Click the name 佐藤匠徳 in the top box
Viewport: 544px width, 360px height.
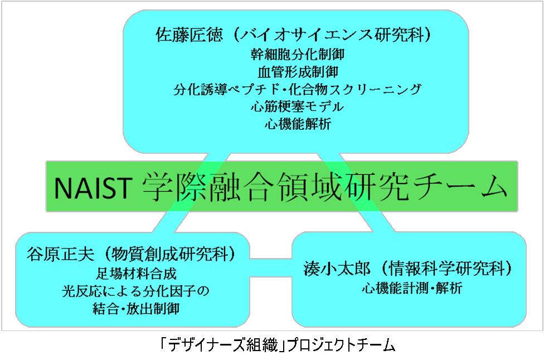point(190,35)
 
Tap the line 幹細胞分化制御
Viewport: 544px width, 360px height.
point(298,55)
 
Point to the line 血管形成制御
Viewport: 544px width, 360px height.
point(298,72)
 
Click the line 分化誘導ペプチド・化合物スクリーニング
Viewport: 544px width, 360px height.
point(298,89)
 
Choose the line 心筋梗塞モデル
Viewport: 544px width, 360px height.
point(298,106)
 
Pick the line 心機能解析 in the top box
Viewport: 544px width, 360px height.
point(298,124)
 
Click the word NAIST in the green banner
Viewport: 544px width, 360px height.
point(93,188)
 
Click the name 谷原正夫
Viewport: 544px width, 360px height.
point(60,254)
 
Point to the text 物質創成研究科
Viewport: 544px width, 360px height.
point(169,254)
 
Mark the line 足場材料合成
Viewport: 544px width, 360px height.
point(136,274)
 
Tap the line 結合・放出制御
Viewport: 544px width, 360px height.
point(136,308)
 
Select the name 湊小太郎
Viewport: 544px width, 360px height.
point(337,268)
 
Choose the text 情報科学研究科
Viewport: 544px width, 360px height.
point(446,268)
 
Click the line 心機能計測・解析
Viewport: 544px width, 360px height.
point(412,288)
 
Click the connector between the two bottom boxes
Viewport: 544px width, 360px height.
point(271,267)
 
